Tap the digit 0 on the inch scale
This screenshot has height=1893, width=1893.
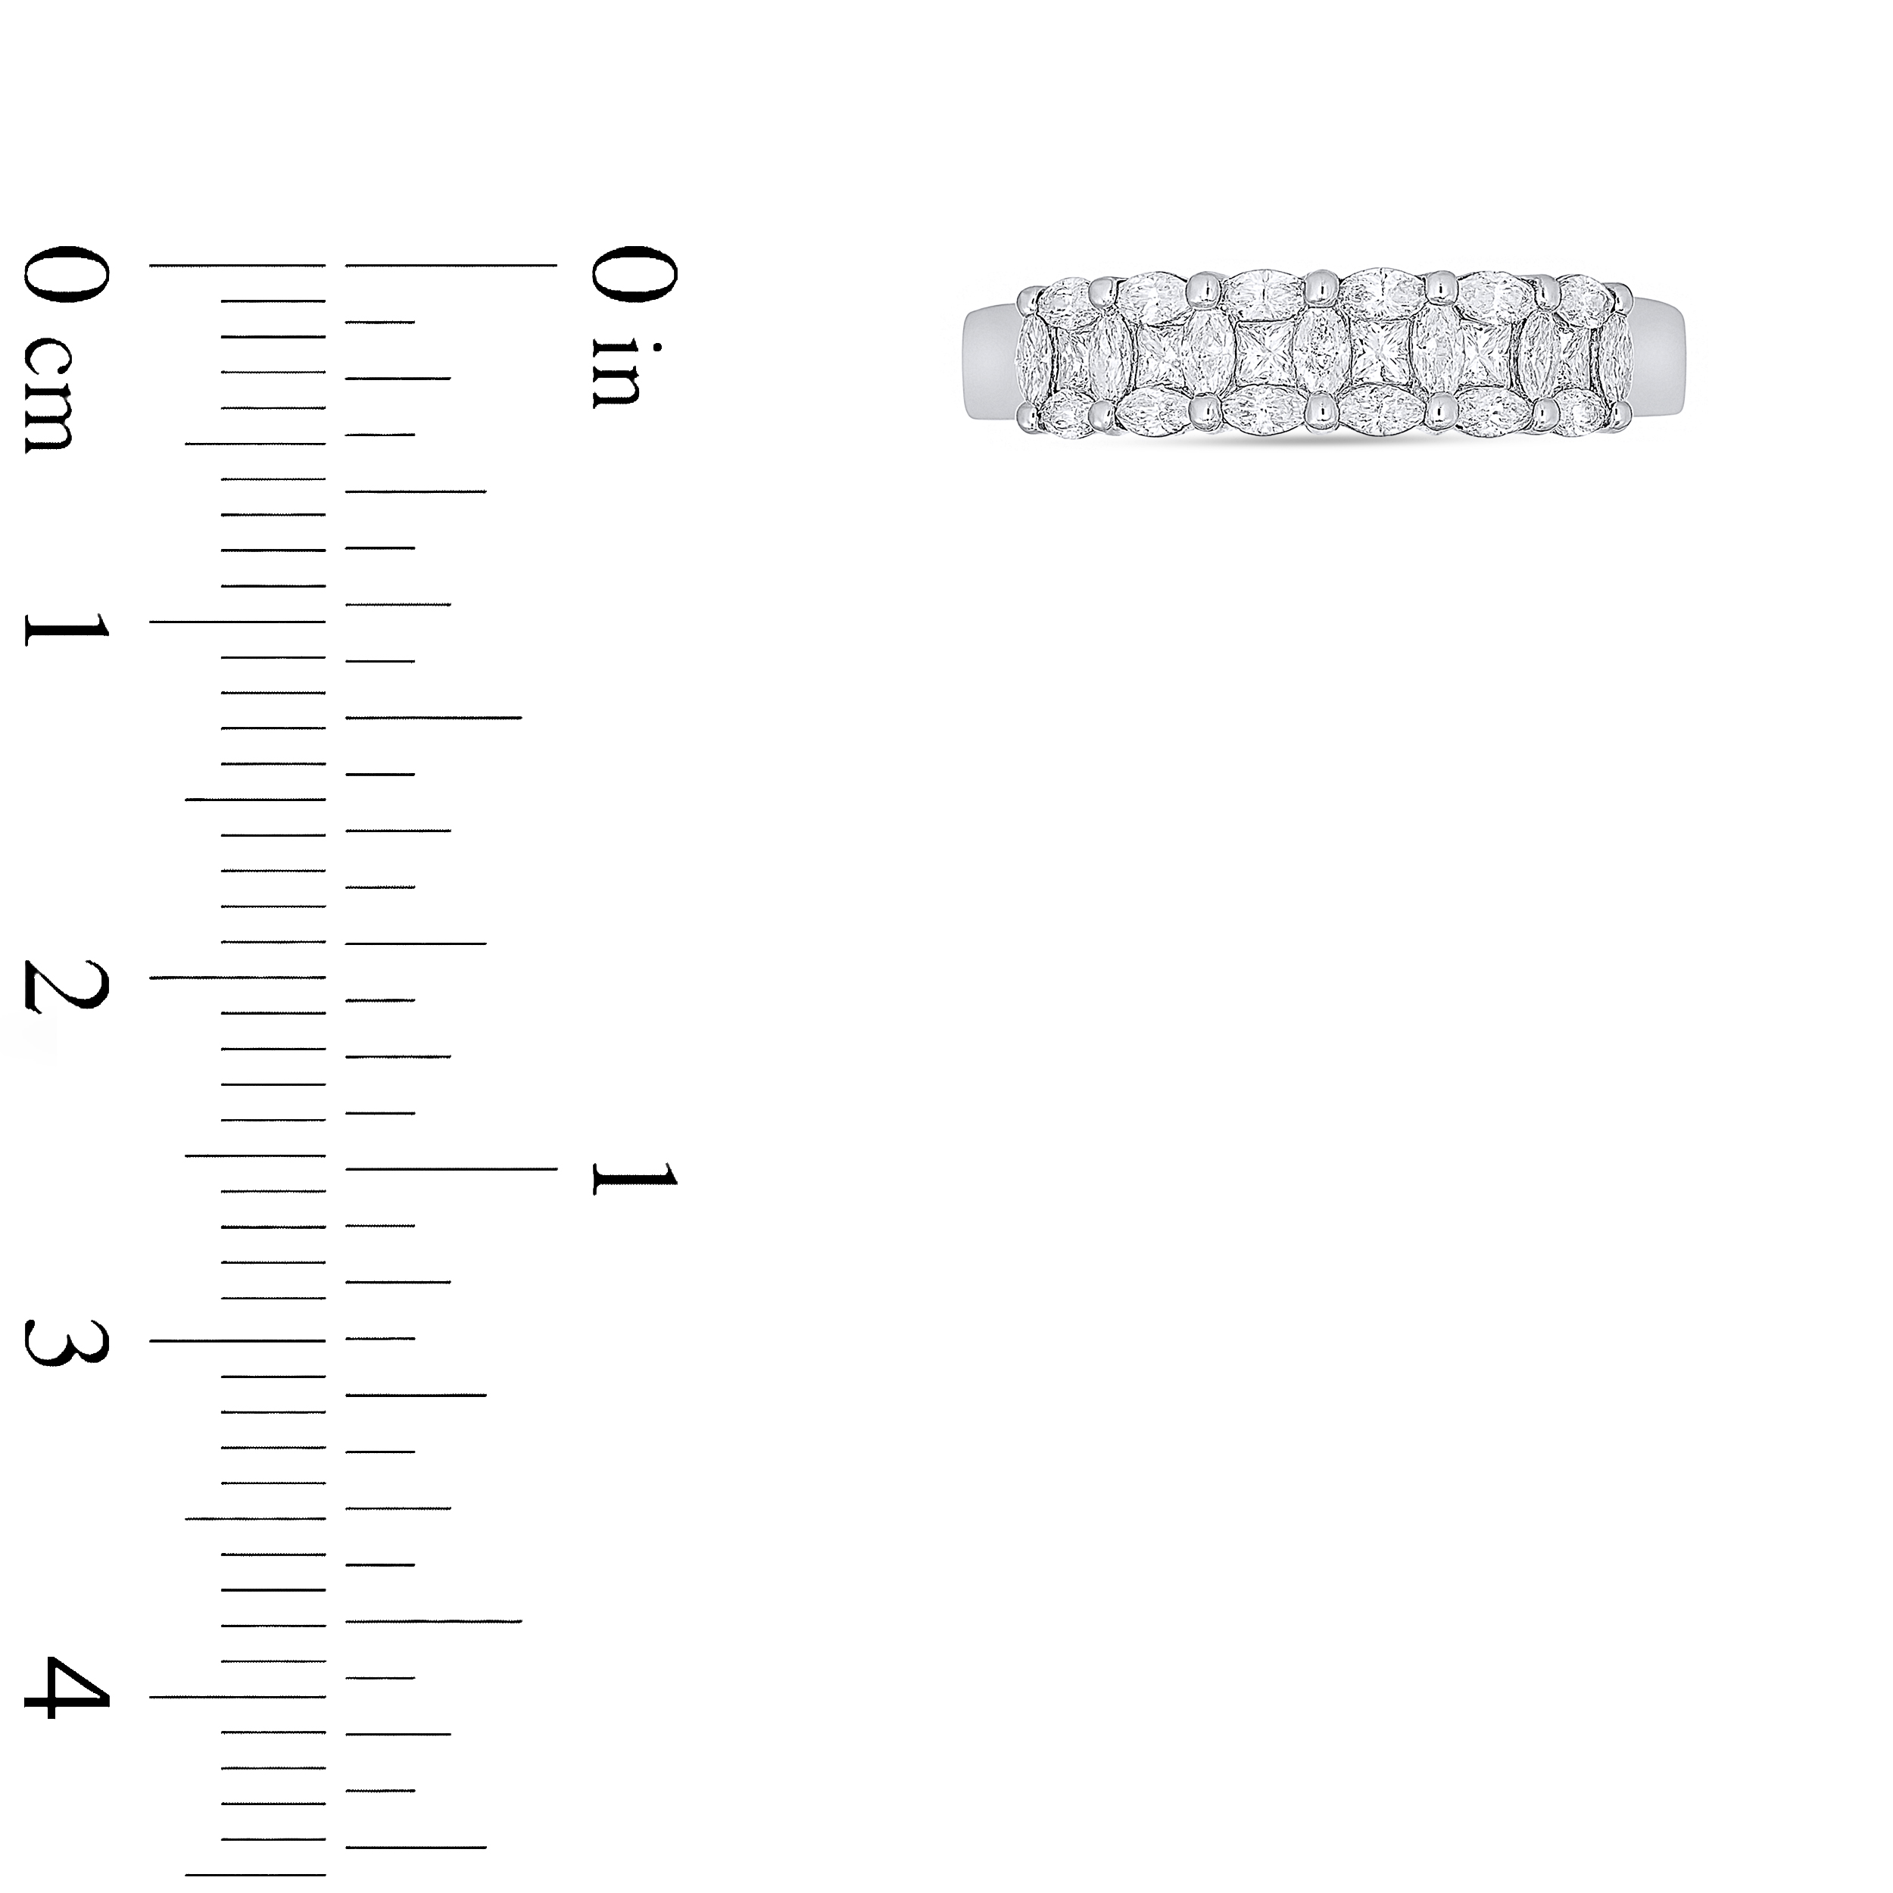pos(634,273)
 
